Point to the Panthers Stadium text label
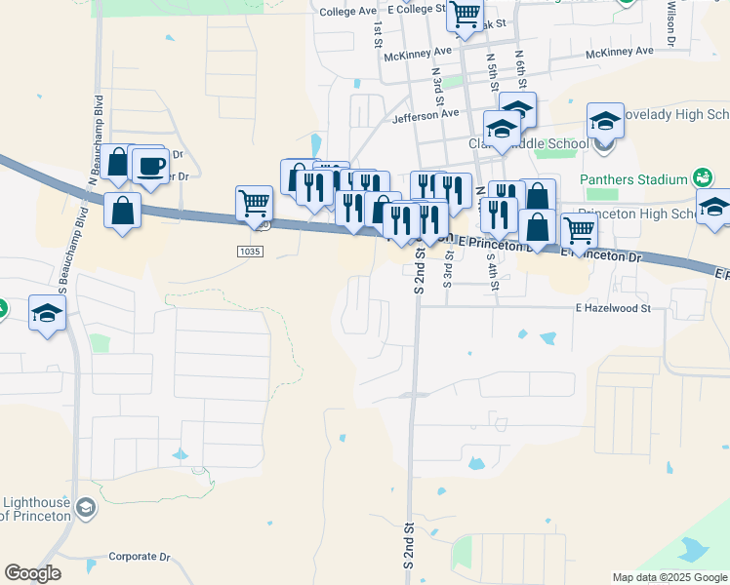[633, 179]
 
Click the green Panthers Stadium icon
[702, 178]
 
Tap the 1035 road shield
[250, 252]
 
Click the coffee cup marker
[149, 166]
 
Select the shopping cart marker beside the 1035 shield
[254, 204]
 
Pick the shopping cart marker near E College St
[465, 15]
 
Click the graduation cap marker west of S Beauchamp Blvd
[46, 313]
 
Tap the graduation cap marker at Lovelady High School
[605, 121]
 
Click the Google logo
[32, 573]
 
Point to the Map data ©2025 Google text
[669, 577]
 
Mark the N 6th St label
[521, 71]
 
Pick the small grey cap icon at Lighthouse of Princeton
[86, 507]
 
